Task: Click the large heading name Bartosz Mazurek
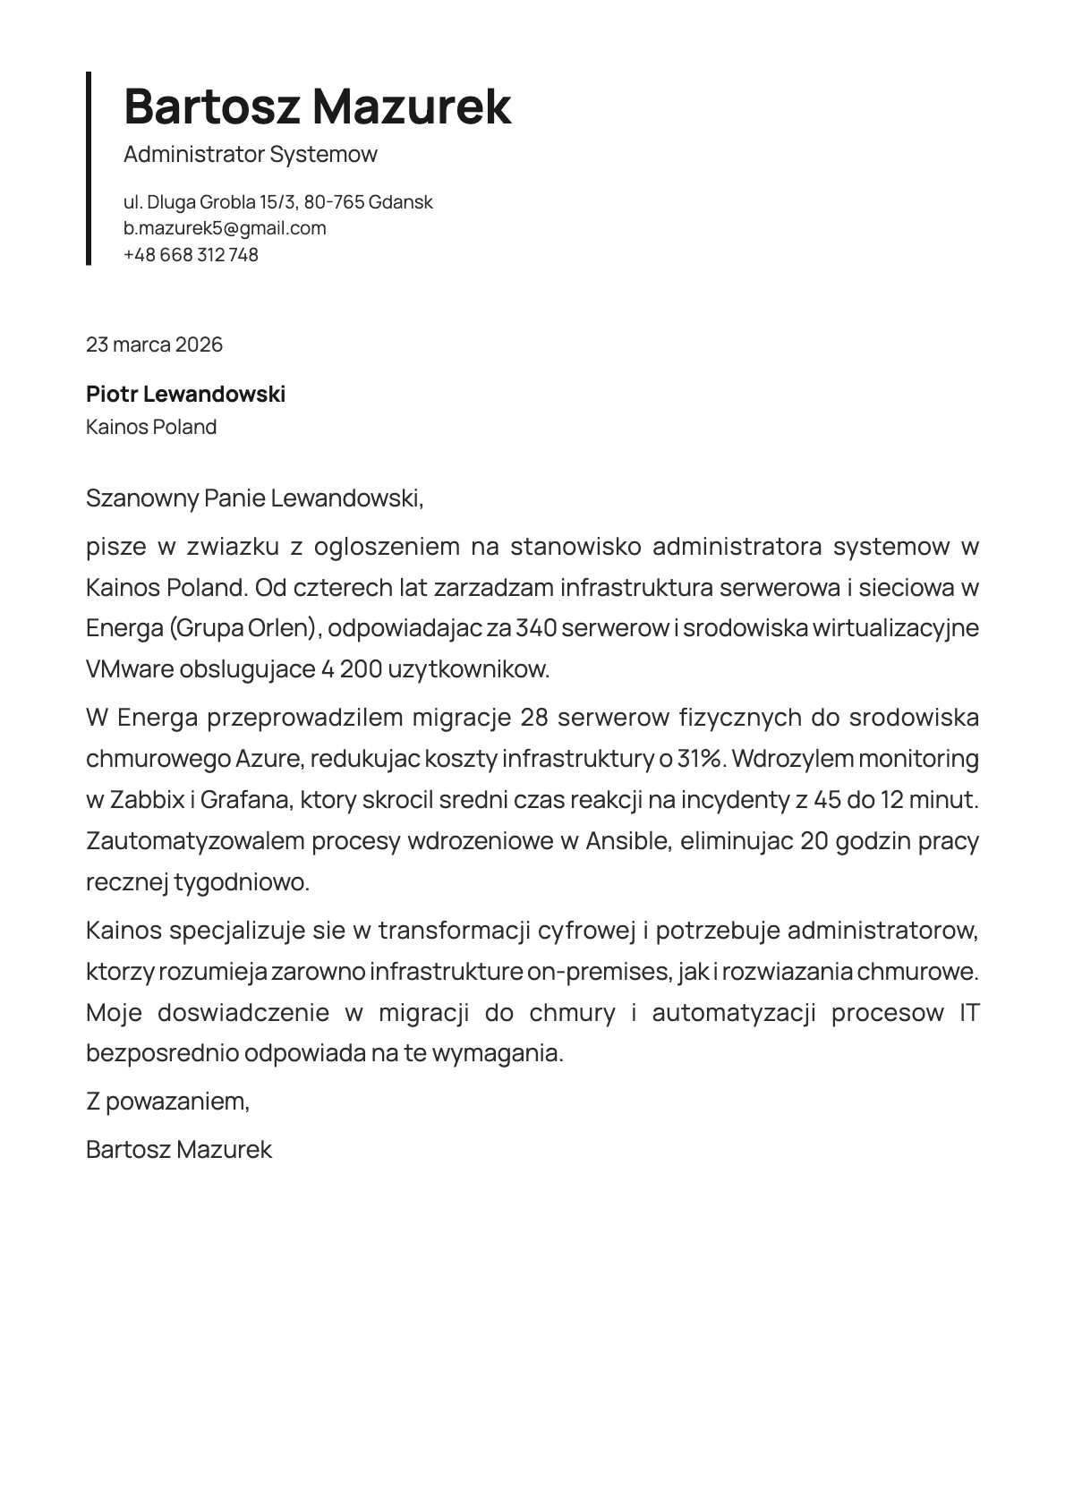coord(317,106)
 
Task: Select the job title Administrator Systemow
coord(251,154)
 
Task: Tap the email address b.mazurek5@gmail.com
coord(225,228)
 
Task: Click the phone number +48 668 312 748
coord(191,255)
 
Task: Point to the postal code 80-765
coord(334,202)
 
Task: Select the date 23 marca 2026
coord(154,345)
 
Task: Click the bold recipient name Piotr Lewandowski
coord(185,394)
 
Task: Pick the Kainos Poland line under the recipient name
coord(151,427)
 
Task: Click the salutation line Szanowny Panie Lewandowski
coord(254,498)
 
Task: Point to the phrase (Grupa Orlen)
coord(243,628)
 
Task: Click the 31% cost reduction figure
coord(699,759)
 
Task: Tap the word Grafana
coord(246,800)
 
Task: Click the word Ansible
coord(627,841)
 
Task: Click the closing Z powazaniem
coord(167,1101)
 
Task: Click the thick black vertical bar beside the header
coord(89,168)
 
